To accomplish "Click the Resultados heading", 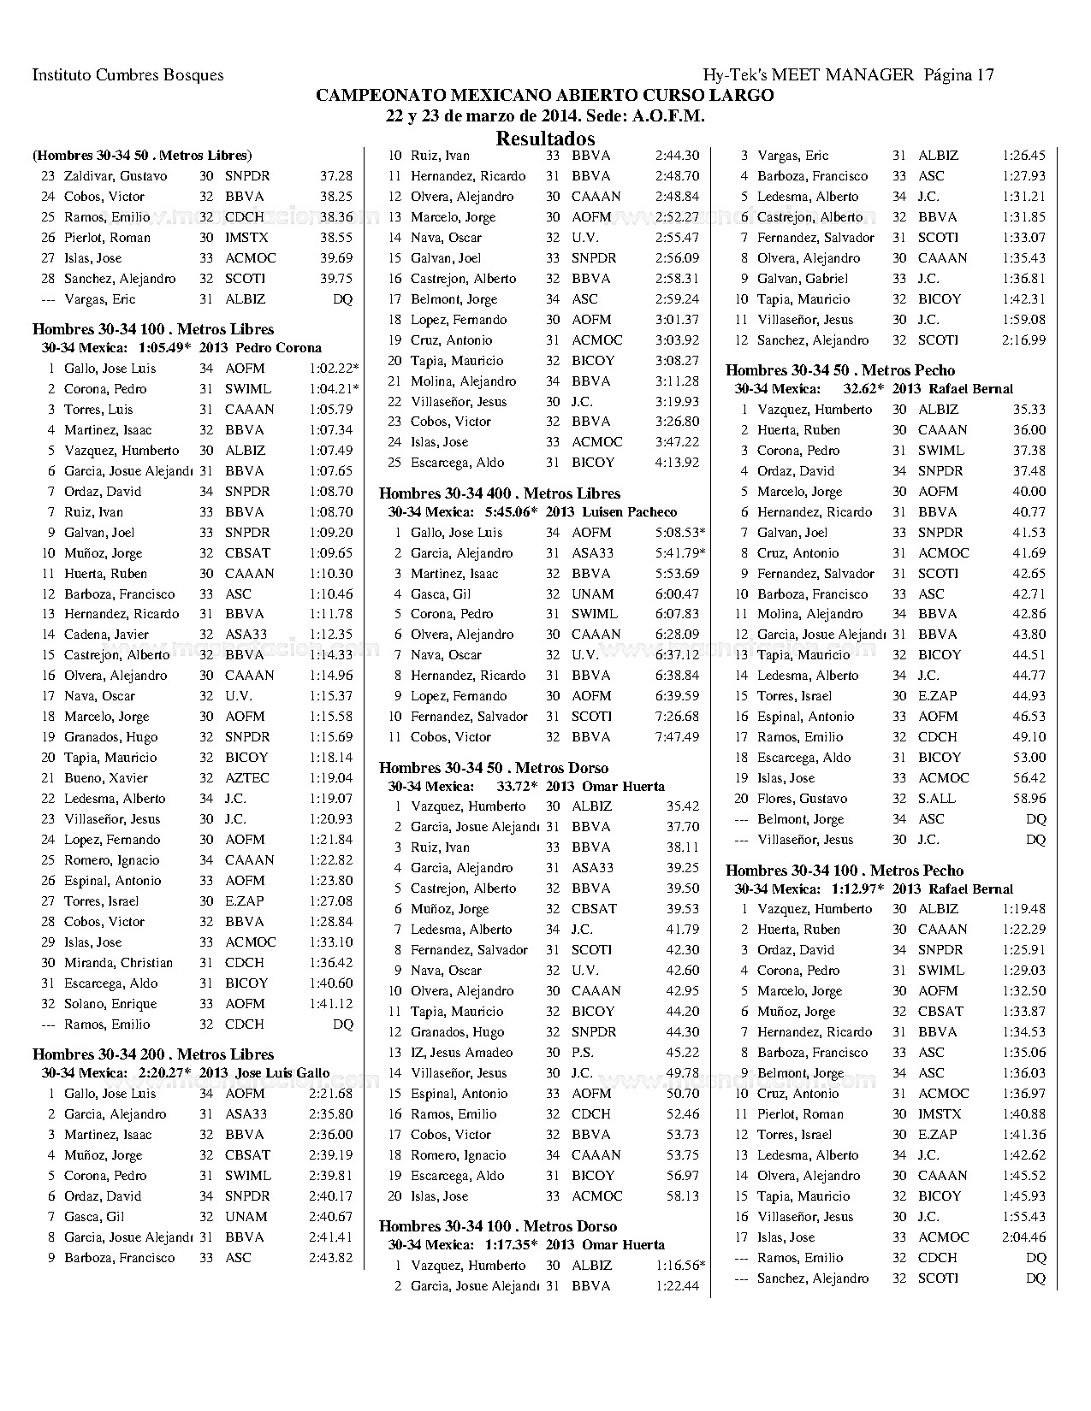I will pos(545,138).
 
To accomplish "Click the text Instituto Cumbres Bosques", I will pos(127,74).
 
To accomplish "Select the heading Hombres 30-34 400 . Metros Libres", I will pos(500,493).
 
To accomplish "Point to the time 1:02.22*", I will pos(334,369).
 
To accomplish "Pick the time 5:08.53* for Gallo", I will pos(680,533).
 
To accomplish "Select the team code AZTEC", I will pos(246,778).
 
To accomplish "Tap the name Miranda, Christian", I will pos(118,963).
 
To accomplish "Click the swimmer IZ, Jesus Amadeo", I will pos(462,1053).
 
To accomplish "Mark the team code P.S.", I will pos(582,1053).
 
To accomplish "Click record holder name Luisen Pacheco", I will pos(629,512).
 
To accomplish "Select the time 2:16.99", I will pos(1023,340).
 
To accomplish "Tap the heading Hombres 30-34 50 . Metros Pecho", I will pos(840,370).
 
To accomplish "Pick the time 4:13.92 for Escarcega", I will pos(677,463).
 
